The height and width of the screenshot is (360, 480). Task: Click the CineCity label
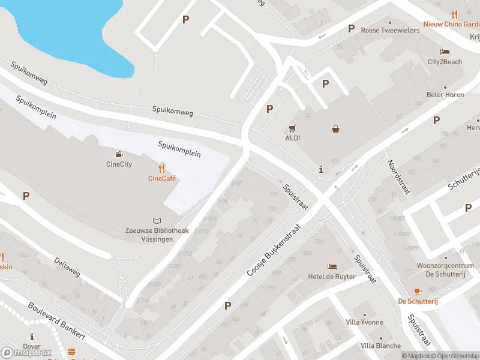point(119,164)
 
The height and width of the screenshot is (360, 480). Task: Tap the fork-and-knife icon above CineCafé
point(161,168)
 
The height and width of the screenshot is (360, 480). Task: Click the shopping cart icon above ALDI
point(292,128)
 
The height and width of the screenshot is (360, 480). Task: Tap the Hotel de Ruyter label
point(332,277)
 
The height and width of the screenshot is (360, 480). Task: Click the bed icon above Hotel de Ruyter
point(332,266)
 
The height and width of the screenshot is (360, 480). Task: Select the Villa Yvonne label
point(364,322)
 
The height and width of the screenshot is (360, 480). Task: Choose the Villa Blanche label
point(380,346)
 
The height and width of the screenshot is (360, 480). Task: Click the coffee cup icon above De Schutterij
point(418,290)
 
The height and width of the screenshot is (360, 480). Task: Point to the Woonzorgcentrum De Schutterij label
point(441,269)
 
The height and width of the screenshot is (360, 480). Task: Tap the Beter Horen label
point(445,95)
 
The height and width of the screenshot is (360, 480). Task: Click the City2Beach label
point(445,62)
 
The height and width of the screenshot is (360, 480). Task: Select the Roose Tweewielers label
point(390,30)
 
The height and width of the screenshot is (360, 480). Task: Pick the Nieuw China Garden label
point(451,24)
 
